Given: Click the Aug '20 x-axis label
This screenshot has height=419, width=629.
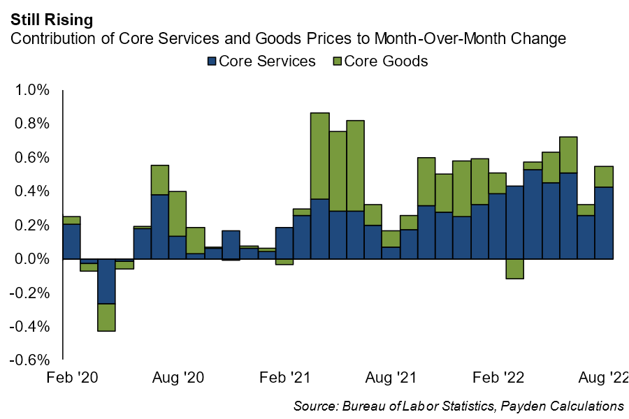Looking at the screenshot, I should pyautogui.click(x=178, y=378).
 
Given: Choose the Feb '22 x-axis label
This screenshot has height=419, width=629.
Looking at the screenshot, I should pyautogui.click(x=498, y=378).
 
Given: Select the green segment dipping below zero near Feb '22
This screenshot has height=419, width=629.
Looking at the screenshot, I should pyautogui.click(x=515, y=269).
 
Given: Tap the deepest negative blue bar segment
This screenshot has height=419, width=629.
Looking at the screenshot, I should pyautogui.click(x=107, y=281).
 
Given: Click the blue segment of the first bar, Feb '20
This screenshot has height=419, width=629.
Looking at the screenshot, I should pyautogui.click(x=71, y=242).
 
